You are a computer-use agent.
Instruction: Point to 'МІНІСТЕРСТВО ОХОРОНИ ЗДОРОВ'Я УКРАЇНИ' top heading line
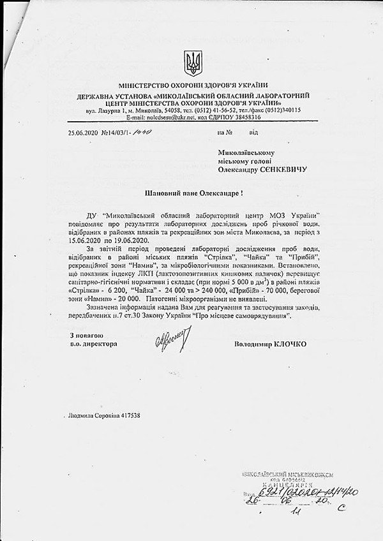point(191,85)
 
